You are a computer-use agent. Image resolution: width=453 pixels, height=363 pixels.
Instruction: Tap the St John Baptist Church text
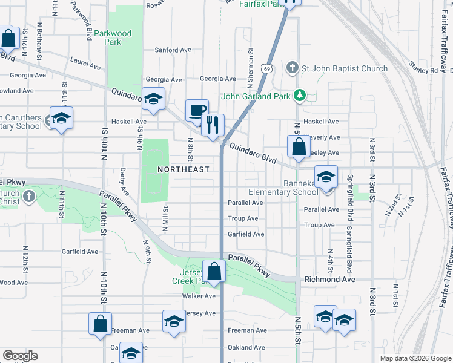(345, 68)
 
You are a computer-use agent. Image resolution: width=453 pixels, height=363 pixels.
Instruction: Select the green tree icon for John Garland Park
(299, 95)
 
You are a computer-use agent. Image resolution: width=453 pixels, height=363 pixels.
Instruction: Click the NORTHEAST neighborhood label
(184, 169)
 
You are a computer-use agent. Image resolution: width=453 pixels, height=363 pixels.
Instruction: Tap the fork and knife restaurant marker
(213, 125)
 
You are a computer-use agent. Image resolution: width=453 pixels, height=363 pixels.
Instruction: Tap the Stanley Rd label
(423, 70)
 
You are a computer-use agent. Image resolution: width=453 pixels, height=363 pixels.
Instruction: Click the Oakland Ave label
(246, 347)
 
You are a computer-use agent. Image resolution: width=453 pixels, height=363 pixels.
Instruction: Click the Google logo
(20, 356)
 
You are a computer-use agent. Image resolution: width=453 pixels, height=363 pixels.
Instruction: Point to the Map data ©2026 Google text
(415, 358)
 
